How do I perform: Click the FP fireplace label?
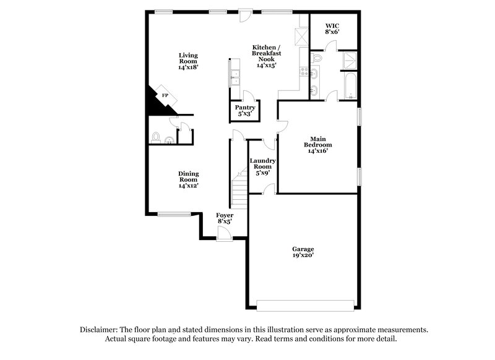tap(165, 96)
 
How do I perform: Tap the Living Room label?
tap(188, 61)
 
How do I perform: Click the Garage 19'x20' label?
tap(303, 252)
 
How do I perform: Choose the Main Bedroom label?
tap(318, 144)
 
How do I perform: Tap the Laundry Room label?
tap(262, 167)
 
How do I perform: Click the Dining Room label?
tap(188, 179)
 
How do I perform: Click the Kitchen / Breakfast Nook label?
tap(266, 56)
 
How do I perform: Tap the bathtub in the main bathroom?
tap(350, 85)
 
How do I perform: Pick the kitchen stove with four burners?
tap(304, 72)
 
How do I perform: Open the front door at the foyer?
tap(224, 234)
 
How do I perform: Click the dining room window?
tap(174, 214)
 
